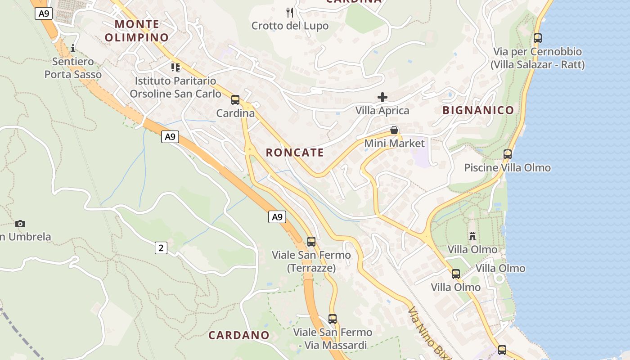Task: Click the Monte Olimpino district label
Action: coord(137,31)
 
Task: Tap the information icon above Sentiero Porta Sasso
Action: coord(73,48)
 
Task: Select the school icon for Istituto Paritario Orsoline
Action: coord(175,67)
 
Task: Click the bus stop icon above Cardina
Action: coord(235,100)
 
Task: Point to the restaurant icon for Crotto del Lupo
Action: coord(290,12)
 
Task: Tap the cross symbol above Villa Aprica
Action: coord(382,97)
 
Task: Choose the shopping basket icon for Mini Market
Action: coord(394,130)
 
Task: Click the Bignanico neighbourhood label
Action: coord(478,110)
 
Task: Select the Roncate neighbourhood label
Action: coord(295,153)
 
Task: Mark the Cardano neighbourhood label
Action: coord(238,335)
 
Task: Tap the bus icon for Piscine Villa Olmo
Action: coord(508,154)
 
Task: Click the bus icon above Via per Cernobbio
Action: coord(538,38)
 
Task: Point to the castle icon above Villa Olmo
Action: coord(472,236)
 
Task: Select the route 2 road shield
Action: coord(161,247)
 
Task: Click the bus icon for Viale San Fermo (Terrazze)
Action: coord(311,242)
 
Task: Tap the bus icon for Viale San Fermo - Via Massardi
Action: coord(333,319)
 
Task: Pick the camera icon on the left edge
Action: coord(20,224)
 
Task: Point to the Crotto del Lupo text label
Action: coord(290,26)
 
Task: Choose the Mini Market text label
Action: coord(394,144)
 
